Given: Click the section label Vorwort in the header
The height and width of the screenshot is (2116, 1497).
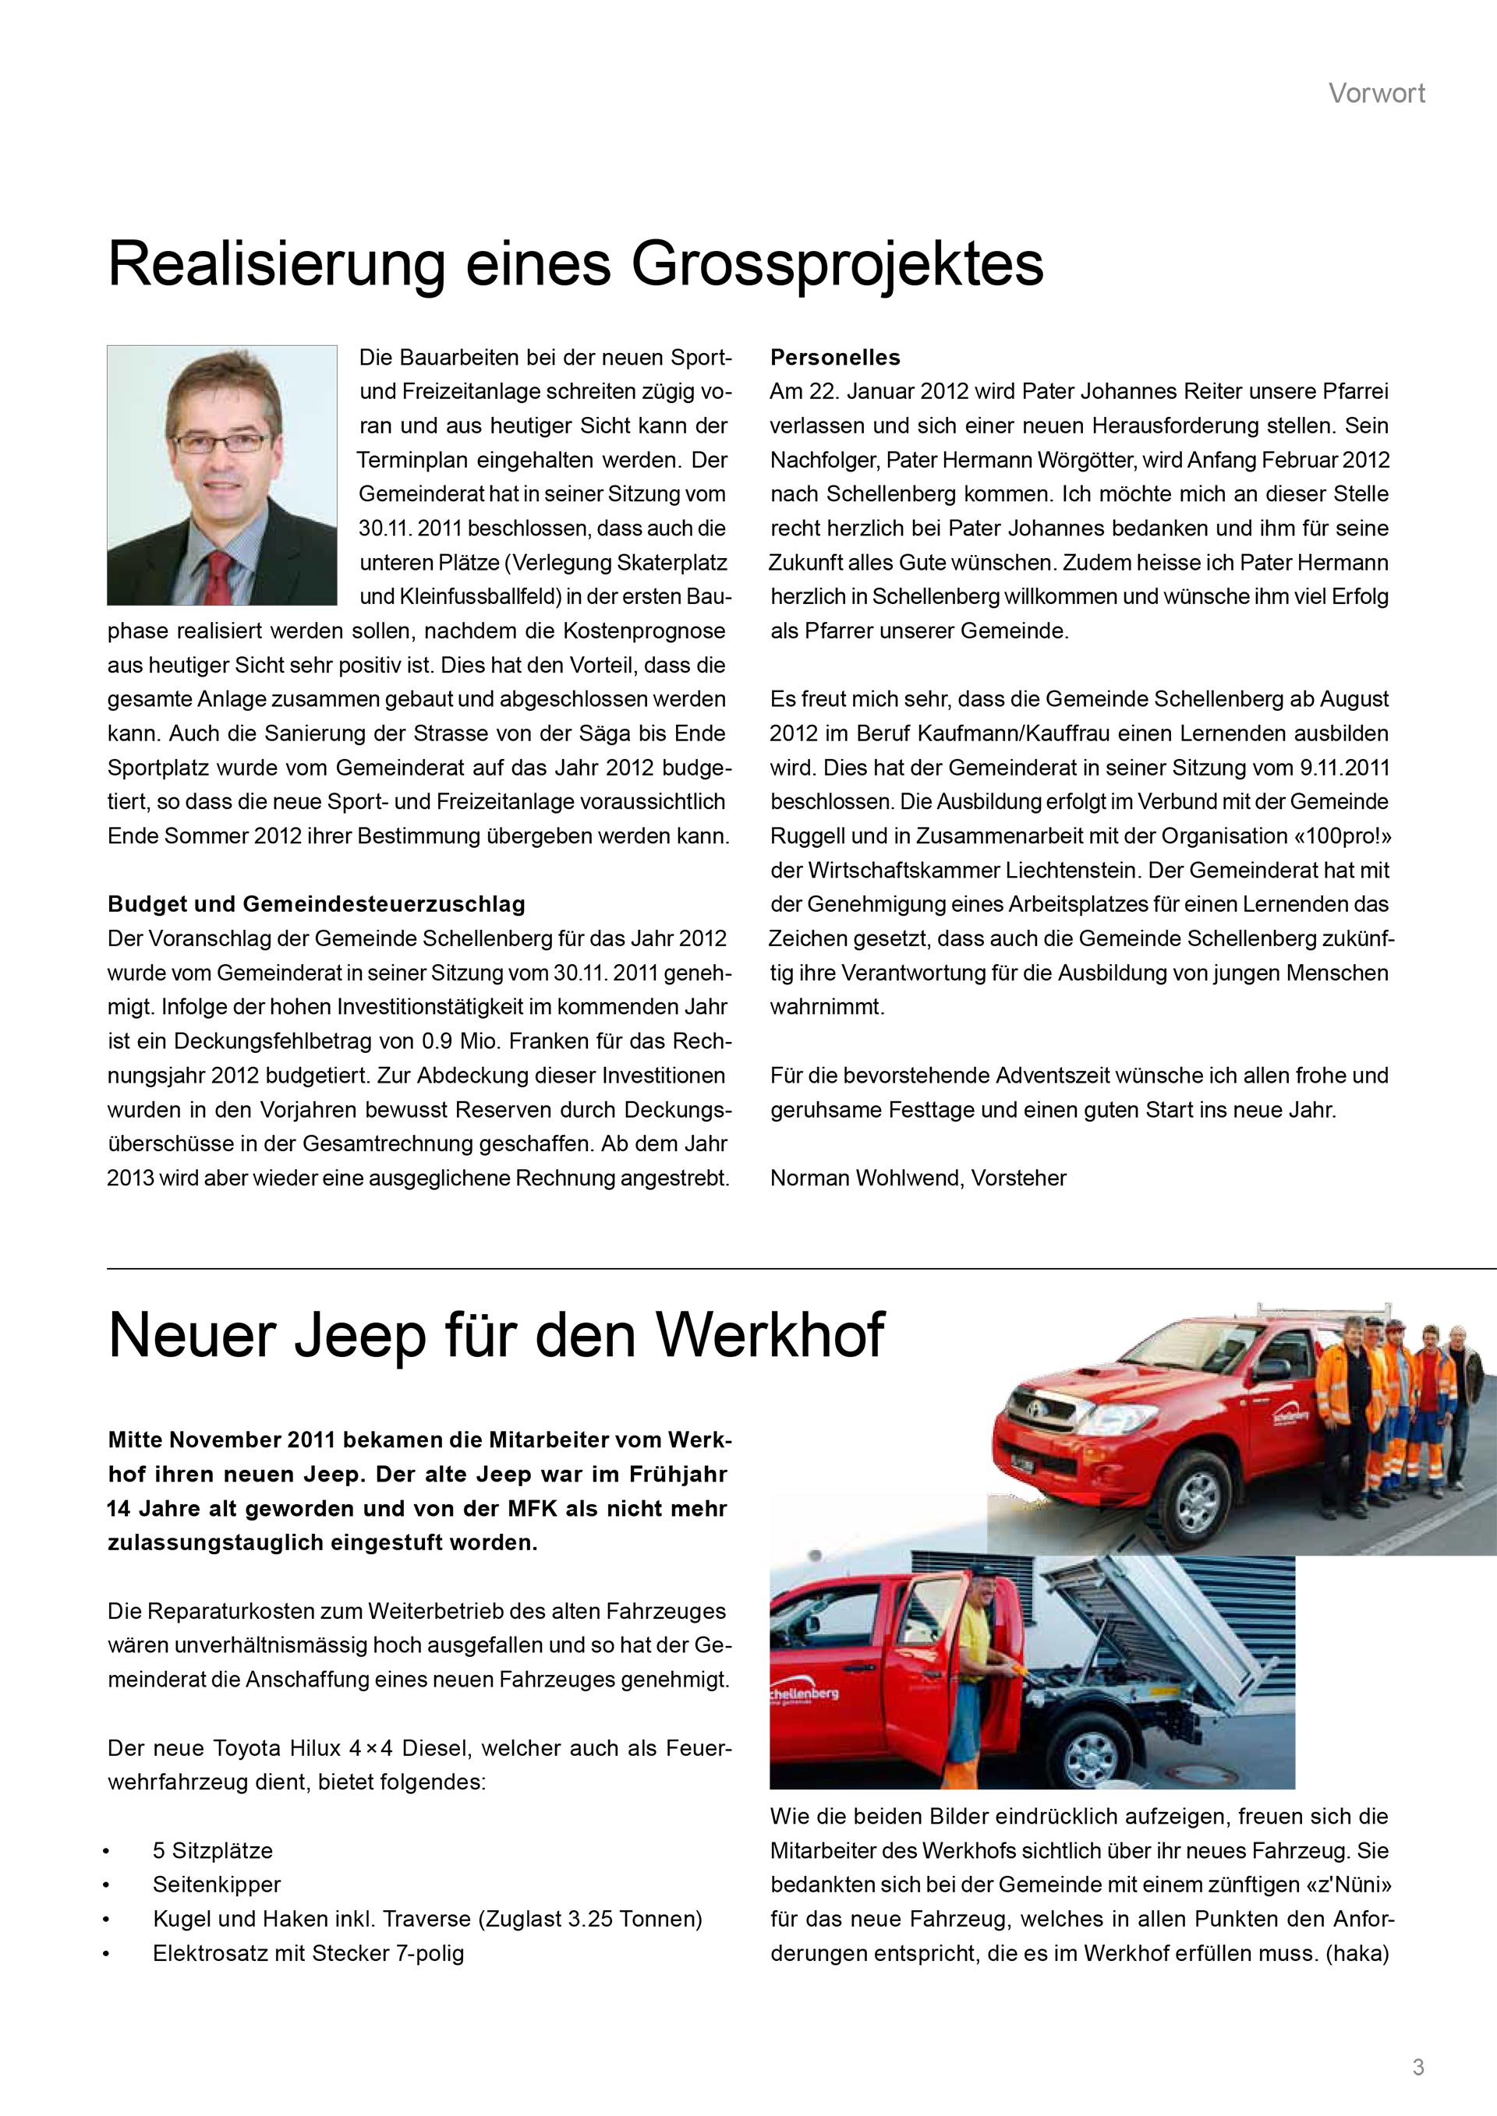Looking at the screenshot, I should point(1376,93).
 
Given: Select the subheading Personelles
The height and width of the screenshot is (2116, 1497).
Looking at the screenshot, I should point(835,358).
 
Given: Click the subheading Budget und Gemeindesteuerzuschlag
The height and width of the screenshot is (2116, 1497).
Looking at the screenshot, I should point(317,904).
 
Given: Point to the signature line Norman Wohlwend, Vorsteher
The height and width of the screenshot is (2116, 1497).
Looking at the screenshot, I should point(918,1178).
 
